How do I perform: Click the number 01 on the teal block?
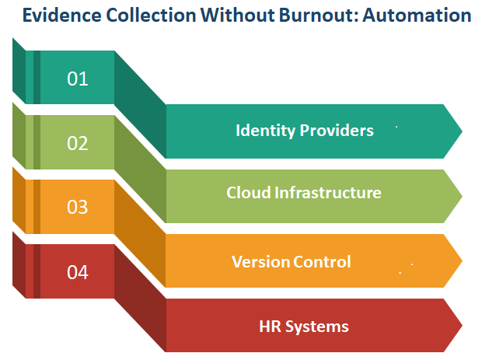(78, 79)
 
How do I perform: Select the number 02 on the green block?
(78, 143)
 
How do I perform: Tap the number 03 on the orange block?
(78, 207)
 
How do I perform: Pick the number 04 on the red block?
(78, 272)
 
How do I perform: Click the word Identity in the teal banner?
(265, 131)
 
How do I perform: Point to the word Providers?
(337, 130)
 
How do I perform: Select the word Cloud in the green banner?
(248, 192)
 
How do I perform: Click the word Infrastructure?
(328, 192)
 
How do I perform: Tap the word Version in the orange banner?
(261, 261)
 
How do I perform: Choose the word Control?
(322, 261)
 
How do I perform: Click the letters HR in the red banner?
(270, 326)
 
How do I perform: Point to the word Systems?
(317, 327)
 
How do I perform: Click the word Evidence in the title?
(62, 15)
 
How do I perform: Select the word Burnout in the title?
(319, 15)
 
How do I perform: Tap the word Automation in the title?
(417, 15)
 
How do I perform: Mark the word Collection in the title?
(151, 15)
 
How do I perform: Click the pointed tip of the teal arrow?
(462, 131)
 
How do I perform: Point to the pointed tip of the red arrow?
(462, 325)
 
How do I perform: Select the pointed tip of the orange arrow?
(462, 260)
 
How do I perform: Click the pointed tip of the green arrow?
(462, 196)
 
